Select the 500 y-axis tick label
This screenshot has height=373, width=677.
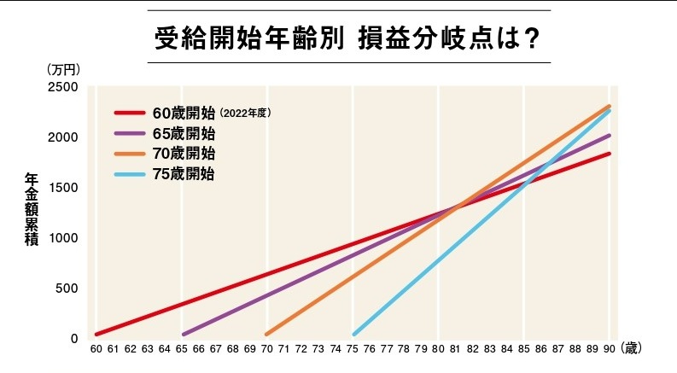point(66,288)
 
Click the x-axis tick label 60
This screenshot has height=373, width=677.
point(96,349)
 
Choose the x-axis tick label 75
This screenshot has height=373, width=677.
point(353,349)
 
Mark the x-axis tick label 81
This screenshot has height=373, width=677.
point(455,349)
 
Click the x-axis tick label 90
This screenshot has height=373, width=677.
point(609,349)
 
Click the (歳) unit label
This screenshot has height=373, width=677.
point(632,348)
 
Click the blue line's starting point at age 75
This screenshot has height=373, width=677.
point(354,334)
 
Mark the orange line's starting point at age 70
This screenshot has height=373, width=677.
point(267,334)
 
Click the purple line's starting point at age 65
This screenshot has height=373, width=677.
point(184,334)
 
